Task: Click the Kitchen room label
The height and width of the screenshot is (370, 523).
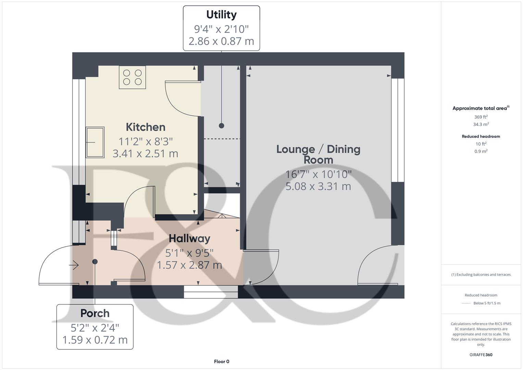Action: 146,127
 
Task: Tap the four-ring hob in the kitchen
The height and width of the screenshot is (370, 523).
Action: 132,77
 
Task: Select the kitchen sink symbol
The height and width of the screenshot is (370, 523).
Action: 95,142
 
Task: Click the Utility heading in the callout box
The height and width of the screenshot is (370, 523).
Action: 221,15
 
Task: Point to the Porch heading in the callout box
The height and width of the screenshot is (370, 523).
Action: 95,313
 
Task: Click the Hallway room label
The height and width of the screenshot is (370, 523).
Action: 189,238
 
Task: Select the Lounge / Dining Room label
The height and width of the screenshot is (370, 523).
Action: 318,154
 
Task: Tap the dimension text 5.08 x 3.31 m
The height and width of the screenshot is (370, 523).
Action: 318,186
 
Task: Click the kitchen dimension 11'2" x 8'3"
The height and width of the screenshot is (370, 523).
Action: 146,141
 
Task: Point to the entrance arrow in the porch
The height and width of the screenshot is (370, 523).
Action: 74,265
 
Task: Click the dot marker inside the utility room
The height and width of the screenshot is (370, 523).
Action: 222,126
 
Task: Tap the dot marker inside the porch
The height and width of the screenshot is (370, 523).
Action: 95,262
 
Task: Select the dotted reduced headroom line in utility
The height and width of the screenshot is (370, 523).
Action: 222,139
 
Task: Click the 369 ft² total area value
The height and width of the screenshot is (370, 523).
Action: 481,117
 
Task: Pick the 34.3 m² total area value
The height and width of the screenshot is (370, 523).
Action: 481,124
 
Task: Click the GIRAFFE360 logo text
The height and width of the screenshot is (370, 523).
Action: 481,355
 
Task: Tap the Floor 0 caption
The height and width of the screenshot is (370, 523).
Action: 222,361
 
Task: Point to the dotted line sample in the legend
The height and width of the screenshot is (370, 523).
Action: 466,303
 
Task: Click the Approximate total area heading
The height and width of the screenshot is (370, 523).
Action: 481,108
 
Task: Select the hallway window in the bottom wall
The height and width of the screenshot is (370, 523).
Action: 211,292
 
